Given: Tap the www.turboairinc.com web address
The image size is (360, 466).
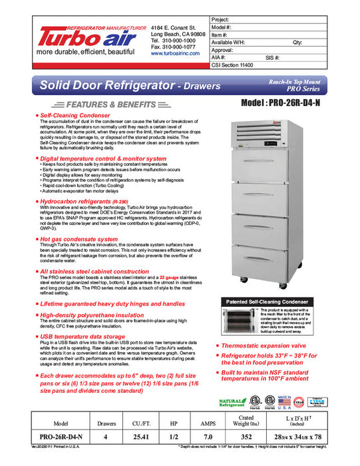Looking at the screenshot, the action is tap(176, 53).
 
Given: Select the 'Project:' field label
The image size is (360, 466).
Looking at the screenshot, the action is tap(220, 21).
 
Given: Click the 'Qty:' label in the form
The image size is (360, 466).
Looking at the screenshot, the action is tap(297, 43).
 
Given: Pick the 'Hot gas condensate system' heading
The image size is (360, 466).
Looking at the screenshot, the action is tap(79, 238).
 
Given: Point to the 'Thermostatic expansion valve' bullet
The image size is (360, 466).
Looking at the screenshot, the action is tap(262, 346).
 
